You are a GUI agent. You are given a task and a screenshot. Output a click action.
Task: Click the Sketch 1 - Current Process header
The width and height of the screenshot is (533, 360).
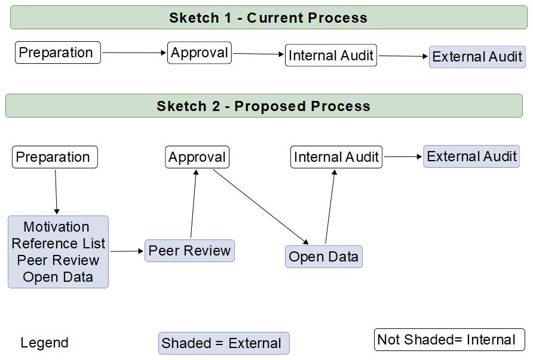click(x=268, y=17)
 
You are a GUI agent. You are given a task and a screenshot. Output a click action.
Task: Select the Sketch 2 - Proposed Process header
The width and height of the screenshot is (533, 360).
click(x=264, y=106)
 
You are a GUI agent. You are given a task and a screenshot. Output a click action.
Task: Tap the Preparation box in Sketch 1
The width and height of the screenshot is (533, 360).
click(x=58, y=53)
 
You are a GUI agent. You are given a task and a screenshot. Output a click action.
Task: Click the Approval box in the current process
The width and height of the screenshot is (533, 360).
click(x=200, y=53)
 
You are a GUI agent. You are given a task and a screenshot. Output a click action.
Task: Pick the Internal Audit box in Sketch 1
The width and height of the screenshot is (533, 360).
click(x=331, y=55)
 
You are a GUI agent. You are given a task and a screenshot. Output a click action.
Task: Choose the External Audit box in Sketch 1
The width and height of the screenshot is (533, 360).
click(x=477, y=57)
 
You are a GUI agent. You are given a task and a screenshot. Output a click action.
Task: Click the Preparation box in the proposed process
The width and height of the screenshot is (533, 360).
click(x=55, y=157)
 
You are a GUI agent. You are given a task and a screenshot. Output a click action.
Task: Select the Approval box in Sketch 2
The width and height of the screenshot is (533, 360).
click(x=197, y=157)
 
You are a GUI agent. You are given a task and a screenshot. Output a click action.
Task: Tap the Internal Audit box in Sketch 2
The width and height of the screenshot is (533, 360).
click(x=336, y=157)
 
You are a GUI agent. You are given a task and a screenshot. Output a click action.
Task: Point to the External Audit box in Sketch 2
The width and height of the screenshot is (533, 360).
click(x=471, y=156)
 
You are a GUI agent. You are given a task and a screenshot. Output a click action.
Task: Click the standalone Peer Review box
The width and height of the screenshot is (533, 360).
click(x=189, y=251)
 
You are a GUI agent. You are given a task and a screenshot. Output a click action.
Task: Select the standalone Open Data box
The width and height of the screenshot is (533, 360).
click(x=324, y=257)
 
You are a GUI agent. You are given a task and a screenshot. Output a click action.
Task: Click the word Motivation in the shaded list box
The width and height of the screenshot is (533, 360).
click(x=56, y=227)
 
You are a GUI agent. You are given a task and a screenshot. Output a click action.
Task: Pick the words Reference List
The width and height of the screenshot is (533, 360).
click(x=58, y=244)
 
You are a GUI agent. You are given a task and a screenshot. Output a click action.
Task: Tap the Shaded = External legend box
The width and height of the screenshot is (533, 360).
click(x=224, y=343)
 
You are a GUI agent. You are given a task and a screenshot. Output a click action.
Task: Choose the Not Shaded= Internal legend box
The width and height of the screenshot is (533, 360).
click(x=450, y=340)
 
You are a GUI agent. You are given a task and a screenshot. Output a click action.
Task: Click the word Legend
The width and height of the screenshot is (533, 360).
click(x=45, y=343)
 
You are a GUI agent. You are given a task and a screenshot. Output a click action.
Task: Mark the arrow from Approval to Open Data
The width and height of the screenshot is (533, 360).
click(x=261, y=207)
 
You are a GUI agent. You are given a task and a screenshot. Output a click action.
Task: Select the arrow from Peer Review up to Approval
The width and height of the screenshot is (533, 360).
click(x=194, y=204)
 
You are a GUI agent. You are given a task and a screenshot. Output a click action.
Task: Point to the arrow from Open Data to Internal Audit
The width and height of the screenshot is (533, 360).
click(x=330, y=207)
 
